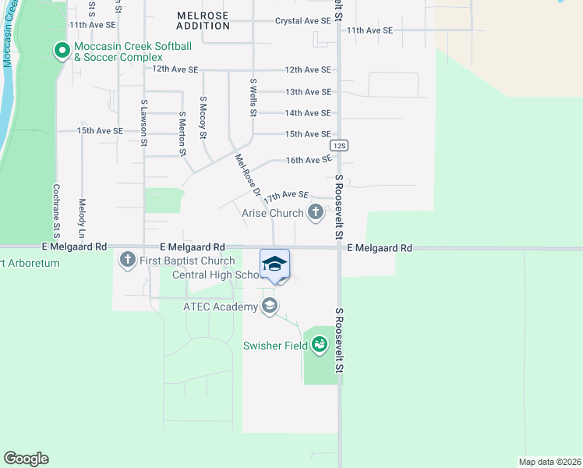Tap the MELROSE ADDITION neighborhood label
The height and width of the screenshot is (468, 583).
[203, 20]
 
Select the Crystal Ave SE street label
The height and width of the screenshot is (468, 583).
[303, 21]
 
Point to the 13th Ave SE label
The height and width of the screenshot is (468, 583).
[308, 92]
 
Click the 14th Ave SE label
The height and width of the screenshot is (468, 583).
[308, 113]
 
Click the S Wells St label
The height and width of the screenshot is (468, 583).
[253, 97]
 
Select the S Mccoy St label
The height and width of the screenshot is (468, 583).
[203, 118]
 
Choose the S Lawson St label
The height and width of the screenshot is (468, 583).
[144, 123]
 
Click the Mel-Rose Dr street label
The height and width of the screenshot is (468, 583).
[247, 175]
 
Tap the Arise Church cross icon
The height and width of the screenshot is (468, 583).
[316, 212]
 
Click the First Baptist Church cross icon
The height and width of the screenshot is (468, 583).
[127, 260]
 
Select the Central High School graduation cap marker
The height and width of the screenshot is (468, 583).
[274, 264]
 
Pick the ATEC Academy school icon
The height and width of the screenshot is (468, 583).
[270, 306]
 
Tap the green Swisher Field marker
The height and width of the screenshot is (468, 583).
[320, 344]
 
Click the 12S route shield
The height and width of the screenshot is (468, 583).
[338, 146]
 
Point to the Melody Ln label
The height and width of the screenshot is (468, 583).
[82, 218]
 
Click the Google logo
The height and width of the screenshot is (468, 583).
[26, 459]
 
